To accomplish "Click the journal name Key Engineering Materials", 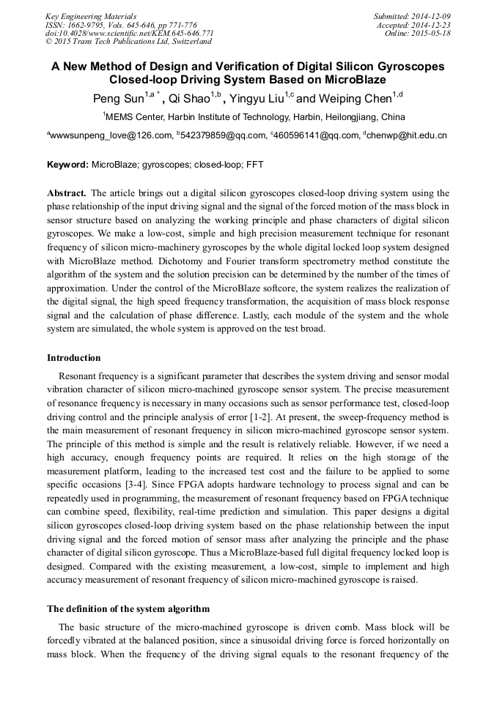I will [x=90, y=15].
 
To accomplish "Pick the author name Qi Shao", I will [x=188, y=97].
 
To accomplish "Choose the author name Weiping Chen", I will [x=355, y=97].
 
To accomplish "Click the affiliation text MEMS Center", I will [x=135, y=116].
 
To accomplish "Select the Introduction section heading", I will [x=74, y=358].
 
